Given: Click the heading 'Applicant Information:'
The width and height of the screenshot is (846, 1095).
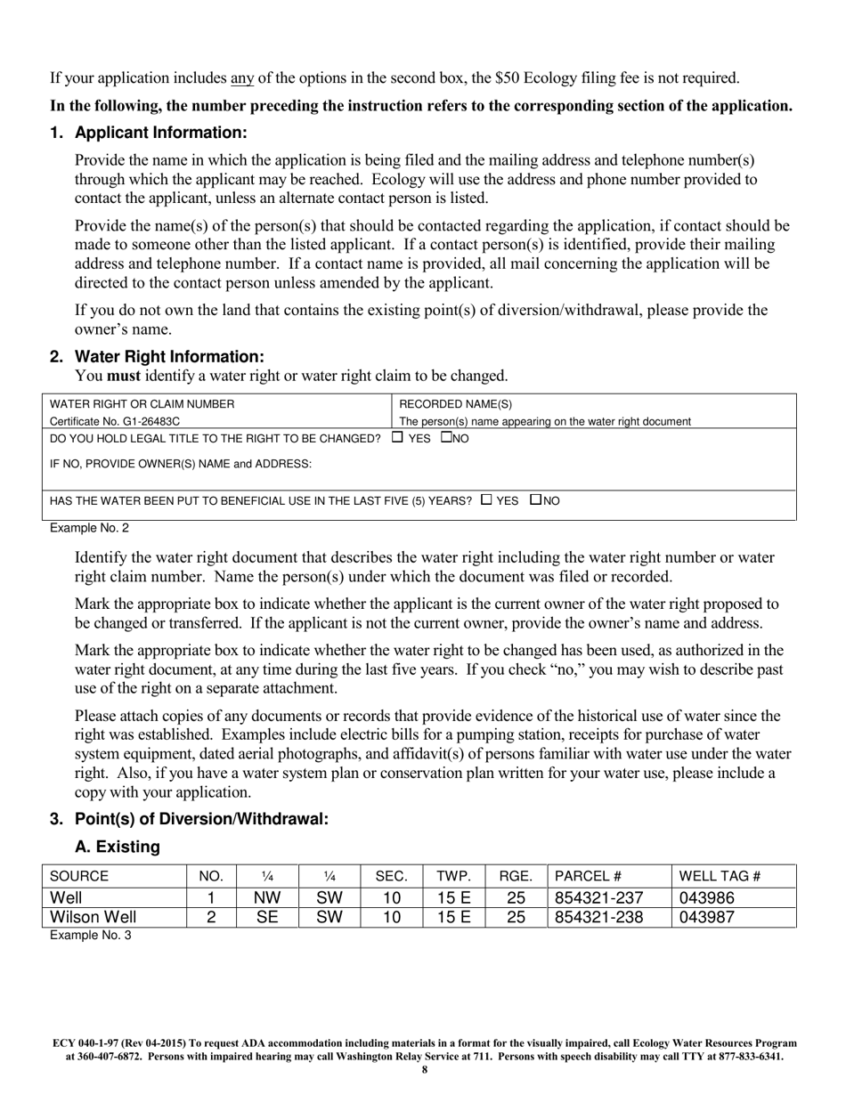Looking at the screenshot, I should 160,133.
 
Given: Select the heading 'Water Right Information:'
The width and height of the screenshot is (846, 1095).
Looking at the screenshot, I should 169,356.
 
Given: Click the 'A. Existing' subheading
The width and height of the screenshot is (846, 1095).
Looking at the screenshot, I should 118,847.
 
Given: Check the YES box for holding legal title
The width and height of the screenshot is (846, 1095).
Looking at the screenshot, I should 397,437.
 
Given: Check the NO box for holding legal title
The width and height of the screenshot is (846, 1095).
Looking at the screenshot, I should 447,437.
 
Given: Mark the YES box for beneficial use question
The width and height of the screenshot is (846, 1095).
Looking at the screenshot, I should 485,499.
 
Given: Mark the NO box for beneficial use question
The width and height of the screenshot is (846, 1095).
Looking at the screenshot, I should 535,499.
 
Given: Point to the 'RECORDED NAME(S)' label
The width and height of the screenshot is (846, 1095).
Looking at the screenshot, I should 456,403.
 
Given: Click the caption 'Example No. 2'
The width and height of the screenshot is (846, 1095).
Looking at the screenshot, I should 89,528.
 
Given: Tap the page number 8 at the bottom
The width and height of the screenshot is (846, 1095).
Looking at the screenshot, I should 424,1070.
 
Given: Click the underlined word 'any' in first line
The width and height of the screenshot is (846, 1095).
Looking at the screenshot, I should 242,78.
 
